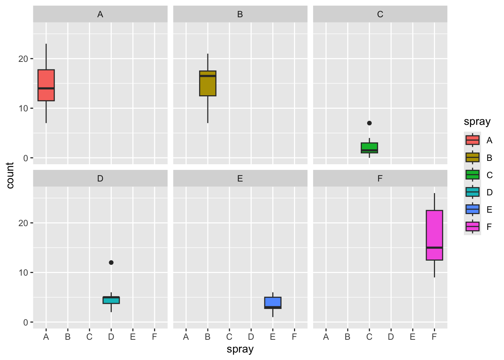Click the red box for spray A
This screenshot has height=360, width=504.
click(x=46, y=85)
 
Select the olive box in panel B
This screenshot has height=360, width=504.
click(x=208, y=84)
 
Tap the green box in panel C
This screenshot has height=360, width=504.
click(x=369, y=148)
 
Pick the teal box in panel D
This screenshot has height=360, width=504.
click(x=111, y=300)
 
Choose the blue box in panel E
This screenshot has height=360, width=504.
click(x=273, y=303)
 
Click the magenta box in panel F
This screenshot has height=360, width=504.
click(x=434, y=235)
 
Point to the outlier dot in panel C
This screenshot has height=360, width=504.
click(x=369, y=123)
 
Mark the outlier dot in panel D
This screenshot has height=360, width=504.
click(x=111, y=262)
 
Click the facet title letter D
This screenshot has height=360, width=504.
click(x=100, y=178)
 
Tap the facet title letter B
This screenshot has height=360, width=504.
click(x=240, y=14)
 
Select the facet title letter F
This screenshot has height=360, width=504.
click(x=380, y=178)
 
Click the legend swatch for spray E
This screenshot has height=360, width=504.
click(x=472, y=209)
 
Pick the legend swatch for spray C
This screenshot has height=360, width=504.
click(x=472, y=175)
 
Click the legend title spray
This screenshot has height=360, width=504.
click(x=477, y=122)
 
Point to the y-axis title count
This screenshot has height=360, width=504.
click(x=10, y=175)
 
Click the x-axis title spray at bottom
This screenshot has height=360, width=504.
click(x=240, y=349)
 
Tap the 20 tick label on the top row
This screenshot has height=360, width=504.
click(x=23, y=59)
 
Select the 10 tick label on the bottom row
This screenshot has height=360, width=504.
click(x=23, y=273)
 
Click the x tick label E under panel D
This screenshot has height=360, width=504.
click(x=133, y=337)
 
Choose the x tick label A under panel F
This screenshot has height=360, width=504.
click(x=326, y=337)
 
